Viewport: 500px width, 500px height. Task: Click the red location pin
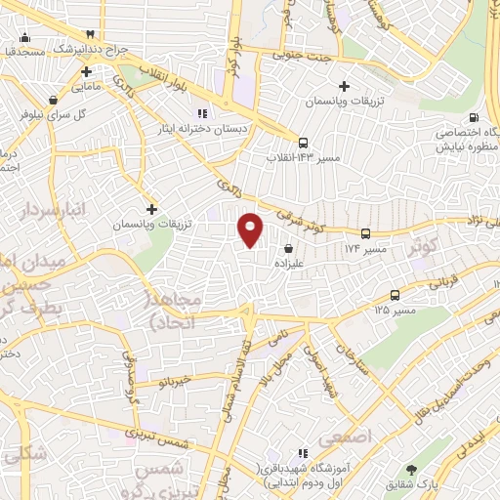[251, 229]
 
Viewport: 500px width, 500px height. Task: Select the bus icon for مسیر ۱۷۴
[365, 233]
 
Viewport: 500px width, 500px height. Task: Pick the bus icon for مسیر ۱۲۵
[396, 295]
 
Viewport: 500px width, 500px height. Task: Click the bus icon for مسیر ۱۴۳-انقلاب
[304, 141]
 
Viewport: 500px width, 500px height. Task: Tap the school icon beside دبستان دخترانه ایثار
[204, 113]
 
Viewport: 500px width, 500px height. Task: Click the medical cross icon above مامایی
[87, 71]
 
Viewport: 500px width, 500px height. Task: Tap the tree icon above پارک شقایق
[423, 470]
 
